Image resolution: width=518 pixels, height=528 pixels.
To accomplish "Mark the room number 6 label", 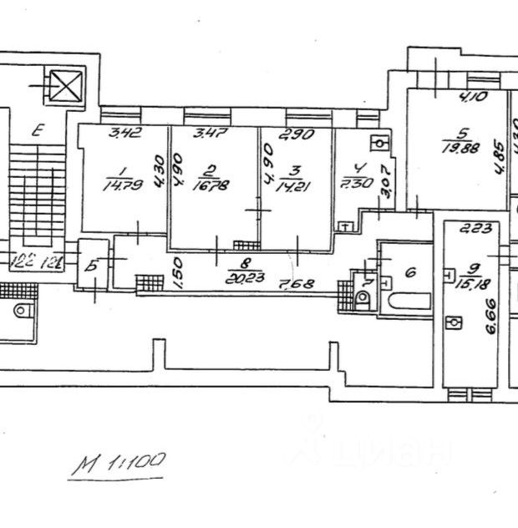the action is coord(410,273).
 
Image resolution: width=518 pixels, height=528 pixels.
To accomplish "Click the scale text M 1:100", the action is coord(119,462).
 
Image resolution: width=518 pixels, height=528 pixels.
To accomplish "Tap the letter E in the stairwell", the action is coord(38,130).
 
